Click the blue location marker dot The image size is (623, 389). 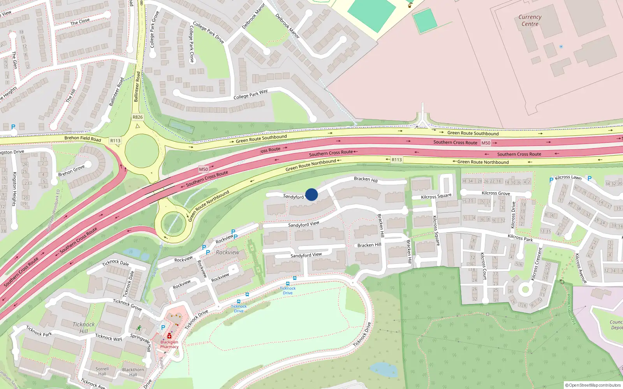coord(311,194)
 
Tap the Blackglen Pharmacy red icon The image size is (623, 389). coord(169,336)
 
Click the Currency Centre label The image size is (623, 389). coord(530,21)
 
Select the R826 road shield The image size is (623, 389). coord(137,117)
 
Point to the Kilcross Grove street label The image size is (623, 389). coord(496,193)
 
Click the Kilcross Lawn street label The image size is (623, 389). coord(568,177)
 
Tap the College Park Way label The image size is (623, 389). coord(250,94)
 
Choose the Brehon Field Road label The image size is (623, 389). coord(83,138)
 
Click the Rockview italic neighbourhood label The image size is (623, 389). coord(227,252)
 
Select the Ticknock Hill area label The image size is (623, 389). coord(84,328)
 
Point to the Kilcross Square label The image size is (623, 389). coord(436,196)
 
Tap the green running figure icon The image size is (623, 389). coord(139,328)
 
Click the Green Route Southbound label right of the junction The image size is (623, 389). coord(473,133)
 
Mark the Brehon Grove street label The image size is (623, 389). coord(71,170)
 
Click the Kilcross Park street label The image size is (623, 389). coord(520,237)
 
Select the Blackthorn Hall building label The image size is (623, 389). coord(133,372)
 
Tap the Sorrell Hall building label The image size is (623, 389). coord(102,371)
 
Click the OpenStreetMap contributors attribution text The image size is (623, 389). coord(593,385)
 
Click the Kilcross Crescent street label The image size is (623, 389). coord(537,264)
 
